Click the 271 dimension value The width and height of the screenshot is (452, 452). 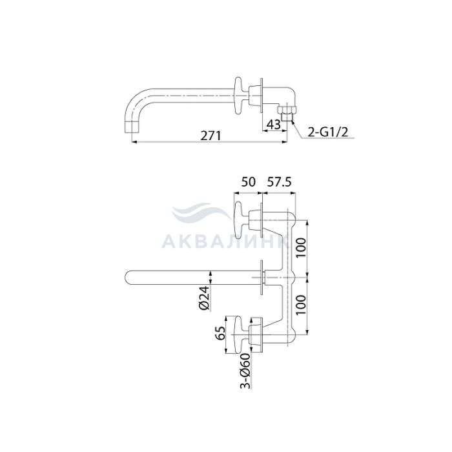point(211,135)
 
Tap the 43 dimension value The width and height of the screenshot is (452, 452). point(273,124)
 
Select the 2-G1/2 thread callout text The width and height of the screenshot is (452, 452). point(328,132)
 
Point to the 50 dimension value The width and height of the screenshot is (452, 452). point(248,182)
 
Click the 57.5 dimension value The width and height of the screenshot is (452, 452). point(279,182)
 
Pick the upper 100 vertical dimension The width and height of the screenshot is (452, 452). point(300,248)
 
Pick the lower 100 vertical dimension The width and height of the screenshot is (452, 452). point(300,305)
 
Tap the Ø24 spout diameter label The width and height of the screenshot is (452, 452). point(205,298)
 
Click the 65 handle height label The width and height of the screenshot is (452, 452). point(220,334)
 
